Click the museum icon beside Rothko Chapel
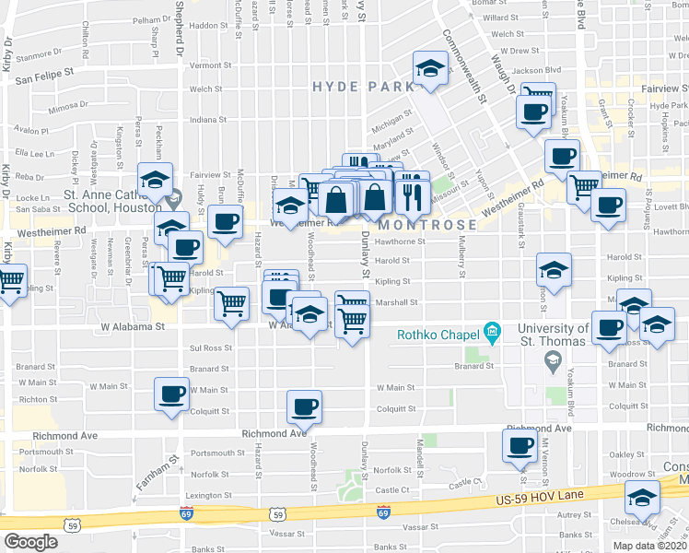click(x=493, y=331)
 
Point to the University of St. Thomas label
click(x=553, y=335)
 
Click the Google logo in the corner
click(x=30, y=542)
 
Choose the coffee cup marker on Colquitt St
click(x=305, y=406)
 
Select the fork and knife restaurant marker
click(x=412, y=194)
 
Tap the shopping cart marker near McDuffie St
click(x=232, y=302)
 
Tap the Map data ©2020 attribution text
click(x=649, y=545)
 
